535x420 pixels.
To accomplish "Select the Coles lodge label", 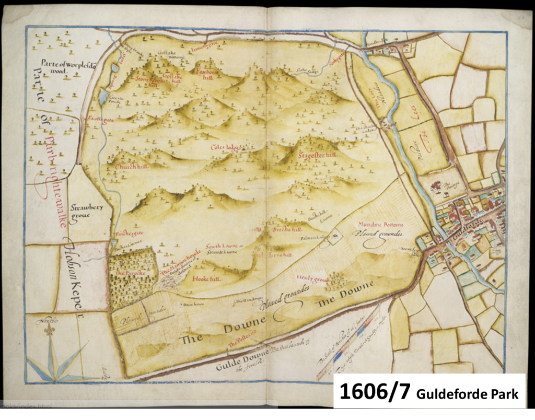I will tap(225, 148).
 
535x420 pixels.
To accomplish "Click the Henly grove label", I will tap(310, 277).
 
